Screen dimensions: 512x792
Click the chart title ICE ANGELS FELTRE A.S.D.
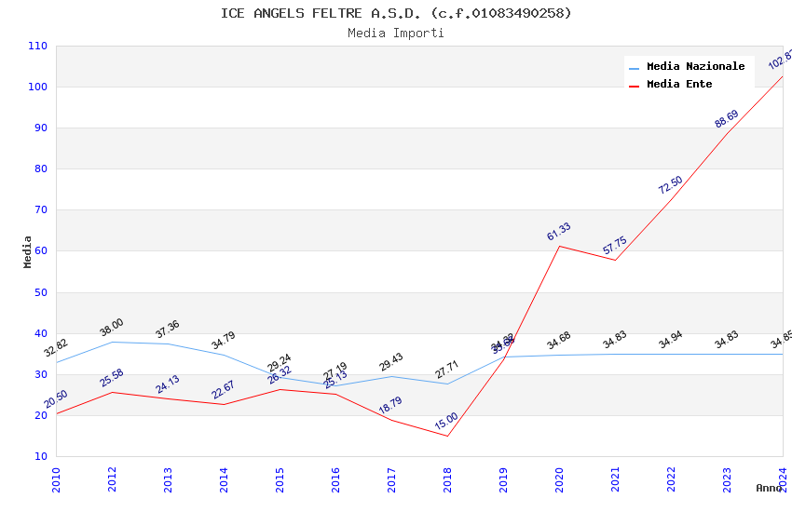396,13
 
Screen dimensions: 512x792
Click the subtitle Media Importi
396,34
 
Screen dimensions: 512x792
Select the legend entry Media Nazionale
695,67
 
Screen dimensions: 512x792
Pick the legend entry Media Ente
679,85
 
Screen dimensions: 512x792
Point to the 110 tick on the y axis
37,46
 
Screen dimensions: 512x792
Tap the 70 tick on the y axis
40,210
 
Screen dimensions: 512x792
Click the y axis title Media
28,251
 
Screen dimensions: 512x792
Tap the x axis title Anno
769,488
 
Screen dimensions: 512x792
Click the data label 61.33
559,232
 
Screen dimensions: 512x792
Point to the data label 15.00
447,422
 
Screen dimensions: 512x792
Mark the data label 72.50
671,185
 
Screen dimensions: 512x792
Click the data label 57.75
615,246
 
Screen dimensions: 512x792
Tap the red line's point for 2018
447,436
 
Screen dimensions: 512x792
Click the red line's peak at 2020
559,246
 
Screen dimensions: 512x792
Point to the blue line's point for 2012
112,342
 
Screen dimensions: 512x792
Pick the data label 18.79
391,406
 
